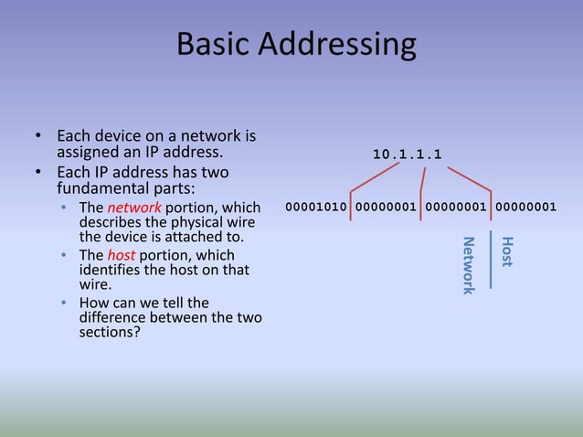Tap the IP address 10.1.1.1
(407, 154)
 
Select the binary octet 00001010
(316, 207)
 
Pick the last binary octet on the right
(525, 207)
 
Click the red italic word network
(134, 208)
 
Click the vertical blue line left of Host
(491, 261)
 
